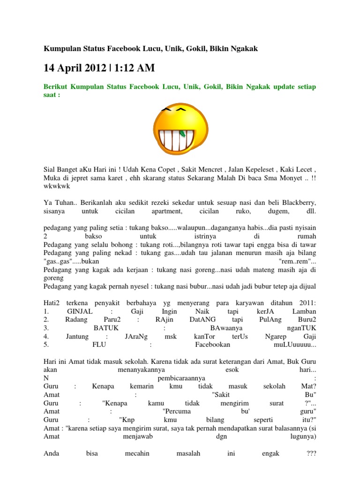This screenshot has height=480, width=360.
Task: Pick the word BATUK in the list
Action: (x=106, y=329)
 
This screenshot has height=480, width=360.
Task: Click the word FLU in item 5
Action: (x=100, y=345)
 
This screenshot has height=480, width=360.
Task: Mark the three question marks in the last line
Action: (x=311, y=453)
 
